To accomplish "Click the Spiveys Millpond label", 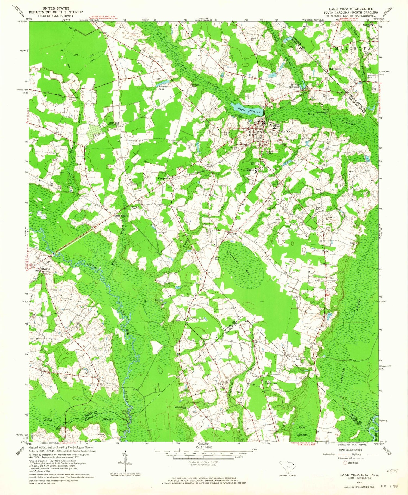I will coord(295,86).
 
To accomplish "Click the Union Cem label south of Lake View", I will coord(252,163).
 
